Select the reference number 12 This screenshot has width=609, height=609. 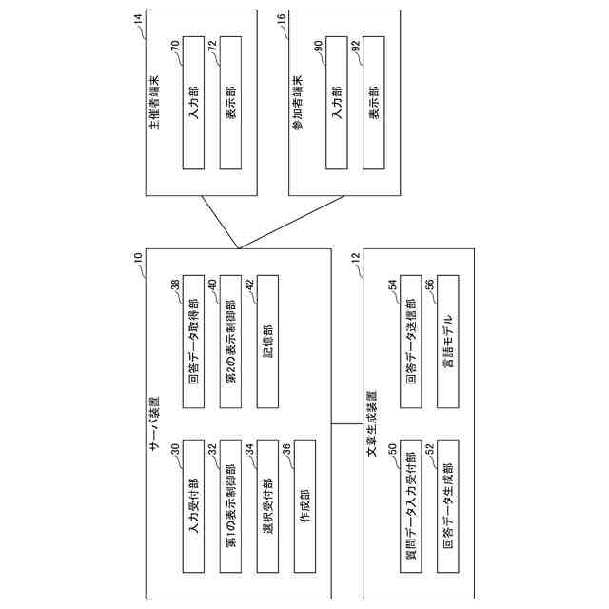(354, 258)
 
